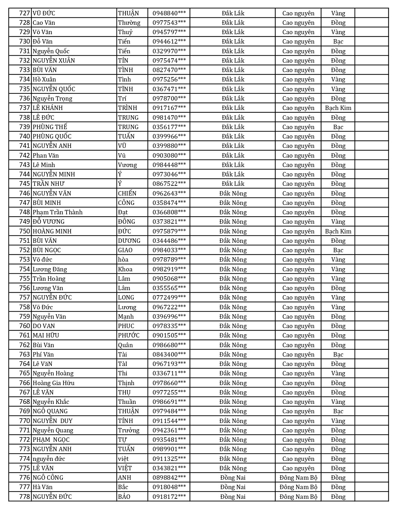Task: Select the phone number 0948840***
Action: coord(169,13)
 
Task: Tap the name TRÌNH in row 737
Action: coord(128,108)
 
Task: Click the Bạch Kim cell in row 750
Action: coord(338,231)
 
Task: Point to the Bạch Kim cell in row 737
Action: coord(338,108)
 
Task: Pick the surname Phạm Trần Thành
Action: coord(58,212)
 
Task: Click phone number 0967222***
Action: coord(169,307)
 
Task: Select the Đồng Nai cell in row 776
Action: coord(233,478)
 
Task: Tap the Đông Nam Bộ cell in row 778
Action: coord(298,497)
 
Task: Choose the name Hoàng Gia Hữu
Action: coord(54,383)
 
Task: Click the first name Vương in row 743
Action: coord(127,165)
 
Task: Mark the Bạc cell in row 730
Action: coord(338,41)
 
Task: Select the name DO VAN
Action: coord(44,326)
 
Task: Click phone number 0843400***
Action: coord(169,354)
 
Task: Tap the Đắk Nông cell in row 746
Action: coord(233,193)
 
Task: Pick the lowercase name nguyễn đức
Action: coord(49,459)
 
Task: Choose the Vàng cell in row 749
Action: coord(338,222)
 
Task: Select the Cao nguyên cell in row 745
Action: coord(298,184)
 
